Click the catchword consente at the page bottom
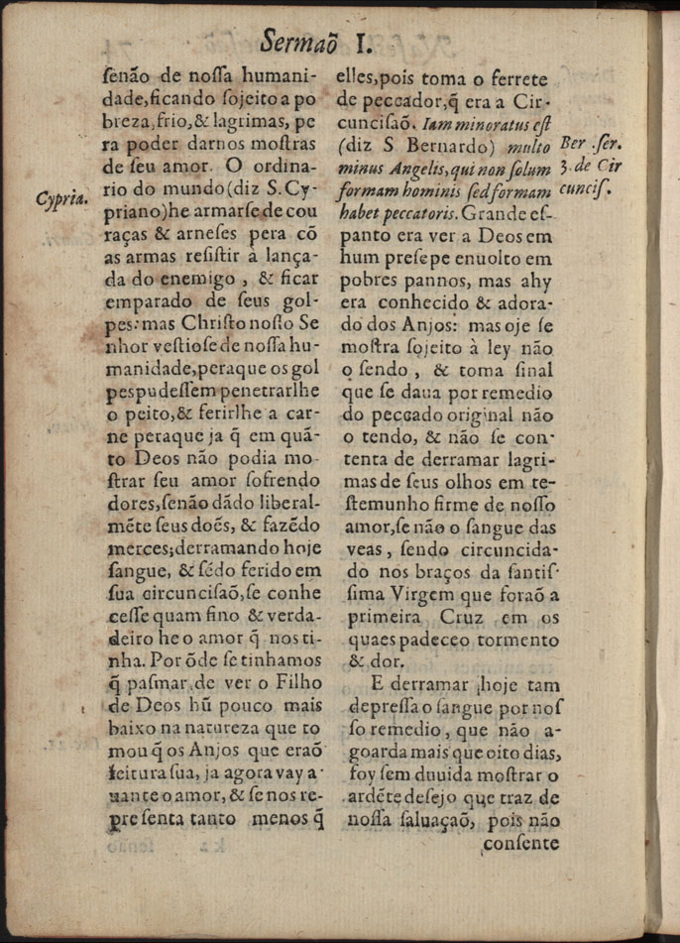click(x=520, y=843)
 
